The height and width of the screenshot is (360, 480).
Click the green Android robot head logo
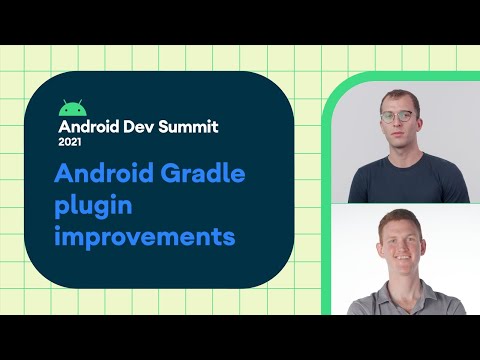click(x=70, y=108)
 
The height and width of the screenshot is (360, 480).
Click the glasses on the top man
click(x=399, y=116)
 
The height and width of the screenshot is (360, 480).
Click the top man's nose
click(x=399, y=125)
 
